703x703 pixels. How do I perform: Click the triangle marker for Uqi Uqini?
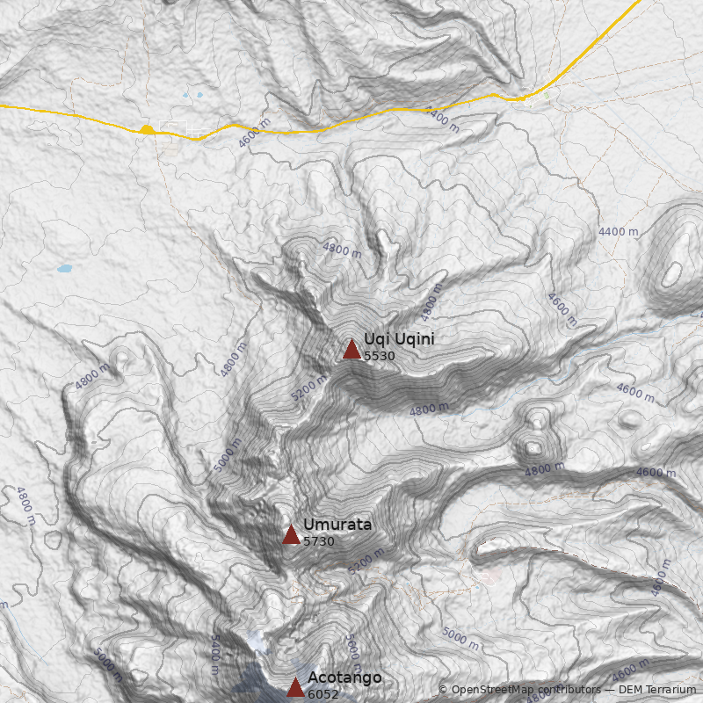(351, 349)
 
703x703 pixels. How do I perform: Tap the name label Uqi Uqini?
(399, 339)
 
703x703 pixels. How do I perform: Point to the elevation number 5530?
(379, 356)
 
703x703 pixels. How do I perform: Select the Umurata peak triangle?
(291, 534)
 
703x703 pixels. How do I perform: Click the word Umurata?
(337, 525)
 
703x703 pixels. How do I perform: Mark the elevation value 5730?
(319, 541)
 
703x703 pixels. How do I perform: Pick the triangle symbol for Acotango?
(295, 686)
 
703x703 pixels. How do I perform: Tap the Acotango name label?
(344, 678)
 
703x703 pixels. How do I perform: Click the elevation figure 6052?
(323, 694)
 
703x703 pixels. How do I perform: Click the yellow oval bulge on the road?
(147, 130)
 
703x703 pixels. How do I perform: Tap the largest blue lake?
(64, 268)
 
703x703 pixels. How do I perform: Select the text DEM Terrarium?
(658, 690)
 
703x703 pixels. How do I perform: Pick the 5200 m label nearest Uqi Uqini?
(308, 388)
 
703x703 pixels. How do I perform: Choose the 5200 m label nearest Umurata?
(366, 561)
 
